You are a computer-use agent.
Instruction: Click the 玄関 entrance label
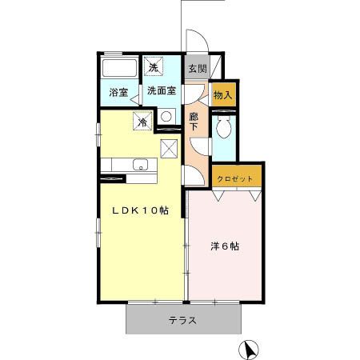[x=197, y=69]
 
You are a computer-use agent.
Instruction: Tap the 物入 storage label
[x=223, y=95]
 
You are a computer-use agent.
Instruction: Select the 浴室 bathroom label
[x=118, y=93]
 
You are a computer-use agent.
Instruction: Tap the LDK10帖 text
[x=140, y=211]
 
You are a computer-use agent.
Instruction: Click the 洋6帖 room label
[x=225, y=246]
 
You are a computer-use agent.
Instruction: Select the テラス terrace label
[x=183, y=321]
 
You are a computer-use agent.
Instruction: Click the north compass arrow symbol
[x=250, y=349]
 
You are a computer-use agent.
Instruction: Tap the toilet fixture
[x=224, y=126]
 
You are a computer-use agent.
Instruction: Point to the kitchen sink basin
[x=141, y=166]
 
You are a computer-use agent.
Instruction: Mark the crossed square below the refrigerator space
[x=169, y=147]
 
